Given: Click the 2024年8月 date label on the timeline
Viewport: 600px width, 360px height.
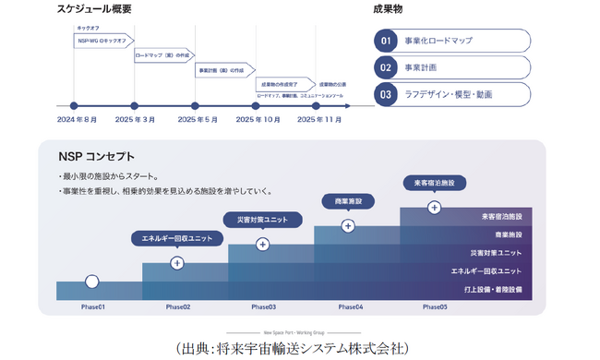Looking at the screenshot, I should coord(77,120).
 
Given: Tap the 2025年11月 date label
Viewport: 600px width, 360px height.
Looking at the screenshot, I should coord(320,120).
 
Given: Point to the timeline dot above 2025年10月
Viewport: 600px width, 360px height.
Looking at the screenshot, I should coord(257,105).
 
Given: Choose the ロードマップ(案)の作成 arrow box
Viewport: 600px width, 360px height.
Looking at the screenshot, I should coord(163,55).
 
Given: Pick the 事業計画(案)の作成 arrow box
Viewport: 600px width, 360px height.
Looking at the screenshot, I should coord(224,69).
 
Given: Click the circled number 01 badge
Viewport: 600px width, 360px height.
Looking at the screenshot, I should coord(386,41).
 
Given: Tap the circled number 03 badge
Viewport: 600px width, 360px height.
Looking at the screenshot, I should coord(386,94).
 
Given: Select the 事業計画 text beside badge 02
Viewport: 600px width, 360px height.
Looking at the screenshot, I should coord(421,67).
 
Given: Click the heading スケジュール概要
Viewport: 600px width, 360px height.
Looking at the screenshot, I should coord(94,10).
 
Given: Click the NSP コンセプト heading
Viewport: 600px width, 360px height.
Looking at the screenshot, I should coord(96,157).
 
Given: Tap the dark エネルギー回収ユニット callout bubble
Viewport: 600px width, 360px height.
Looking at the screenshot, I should coord(177,239).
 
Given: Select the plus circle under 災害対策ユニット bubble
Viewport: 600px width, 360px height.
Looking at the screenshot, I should coord(263,245).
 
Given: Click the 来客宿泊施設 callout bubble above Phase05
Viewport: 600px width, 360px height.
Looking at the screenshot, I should coord(434,183).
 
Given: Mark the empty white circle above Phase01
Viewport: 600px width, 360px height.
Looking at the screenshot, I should coord(92,282).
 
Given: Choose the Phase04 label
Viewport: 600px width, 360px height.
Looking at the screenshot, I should coord(350,306).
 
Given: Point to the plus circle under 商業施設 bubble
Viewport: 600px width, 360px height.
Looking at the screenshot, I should coord(348,225).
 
